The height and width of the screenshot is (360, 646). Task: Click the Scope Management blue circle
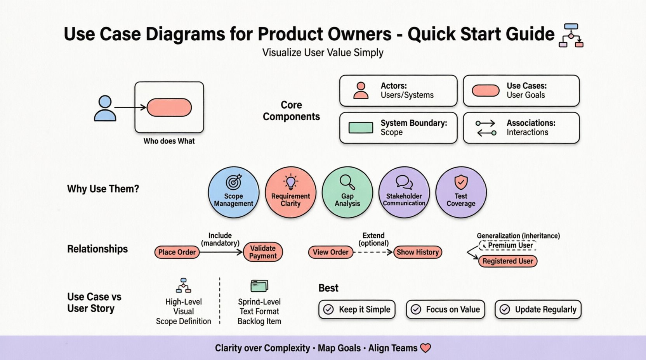coord(233,192)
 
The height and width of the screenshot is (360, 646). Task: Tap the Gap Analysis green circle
coord(347,192)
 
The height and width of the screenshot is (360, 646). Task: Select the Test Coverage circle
coord(461,192)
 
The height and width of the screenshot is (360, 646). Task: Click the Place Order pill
coord(177,252)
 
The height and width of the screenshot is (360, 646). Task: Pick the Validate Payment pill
coord(263,252)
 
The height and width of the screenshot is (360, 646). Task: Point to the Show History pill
coord(417,252)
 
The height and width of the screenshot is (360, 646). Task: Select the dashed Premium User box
coord(508,246)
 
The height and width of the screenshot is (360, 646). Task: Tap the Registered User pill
coord(507,261)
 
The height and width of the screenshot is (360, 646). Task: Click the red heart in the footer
coord(425,348)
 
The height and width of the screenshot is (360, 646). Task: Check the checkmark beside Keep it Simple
coord(328,309)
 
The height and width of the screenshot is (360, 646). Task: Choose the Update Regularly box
coord(538,309)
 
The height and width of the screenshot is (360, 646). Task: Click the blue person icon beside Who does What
coord(105,108)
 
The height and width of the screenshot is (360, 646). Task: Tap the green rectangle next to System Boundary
coord(361,128)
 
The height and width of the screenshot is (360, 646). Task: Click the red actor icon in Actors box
coord(361,90)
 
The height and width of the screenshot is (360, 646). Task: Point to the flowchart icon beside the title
coord(571,35)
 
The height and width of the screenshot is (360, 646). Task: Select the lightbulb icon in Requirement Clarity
coord(290,182)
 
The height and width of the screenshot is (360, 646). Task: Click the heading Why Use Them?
coord(103,189)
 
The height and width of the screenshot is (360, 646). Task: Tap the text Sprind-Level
coord(259,302)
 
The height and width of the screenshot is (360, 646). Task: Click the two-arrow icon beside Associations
coord(486,128)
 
